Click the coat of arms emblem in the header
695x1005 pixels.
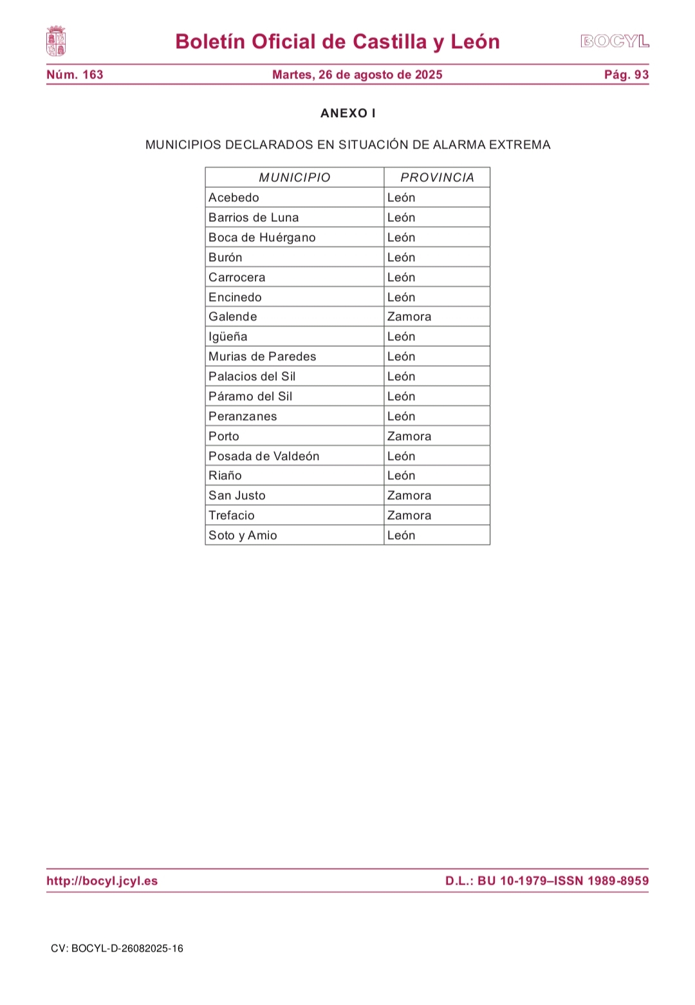point(56,41)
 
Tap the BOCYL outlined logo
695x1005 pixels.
point(615,42)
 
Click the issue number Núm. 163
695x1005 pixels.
point(75,75)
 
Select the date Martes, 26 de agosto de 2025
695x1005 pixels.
point(357,75)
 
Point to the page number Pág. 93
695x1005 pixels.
point(626,75)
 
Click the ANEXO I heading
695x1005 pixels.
point(347,113)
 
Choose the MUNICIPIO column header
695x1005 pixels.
point(295,178)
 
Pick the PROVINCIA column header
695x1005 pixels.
point(437,178)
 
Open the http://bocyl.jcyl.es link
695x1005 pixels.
point(102,881)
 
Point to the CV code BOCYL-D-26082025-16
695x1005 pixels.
point(117,948)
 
